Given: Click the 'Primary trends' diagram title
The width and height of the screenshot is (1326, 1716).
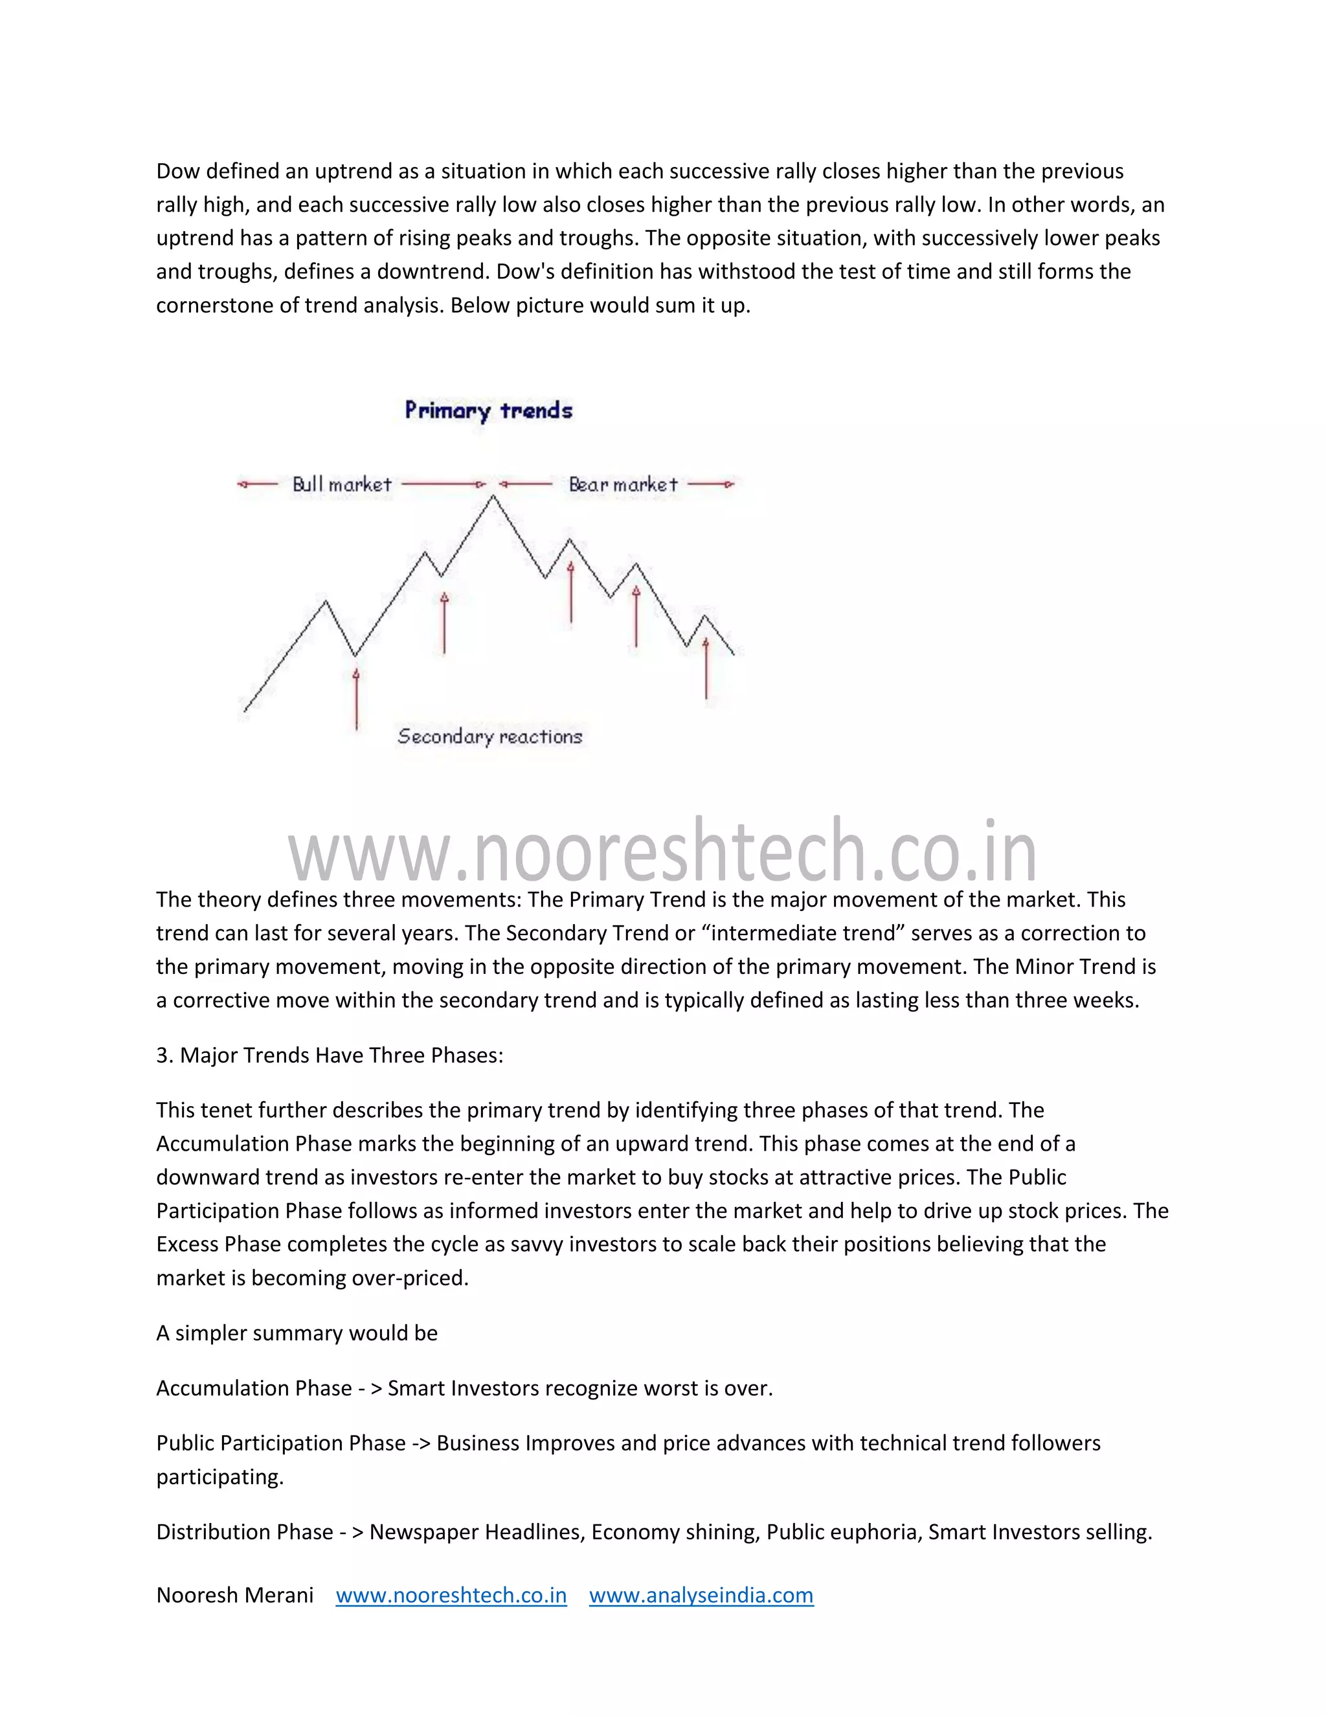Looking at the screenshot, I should coord(489,410).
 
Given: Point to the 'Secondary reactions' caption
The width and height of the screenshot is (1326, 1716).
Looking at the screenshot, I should coord(489,736).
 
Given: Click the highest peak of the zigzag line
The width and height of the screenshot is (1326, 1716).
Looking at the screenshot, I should coord(493,497).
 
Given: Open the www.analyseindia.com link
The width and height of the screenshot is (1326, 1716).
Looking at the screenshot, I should coord(701,1595).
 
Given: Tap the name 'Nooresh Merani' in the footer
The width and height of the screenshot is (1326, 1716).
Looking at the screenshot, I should coord(235,1595).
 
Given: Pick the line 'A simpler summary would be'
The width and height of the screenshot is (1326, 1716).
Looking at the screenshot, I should coord(297,1333).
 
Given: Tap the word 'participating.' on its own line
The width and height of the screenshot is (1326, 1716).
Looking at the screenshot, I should coord(220,1476).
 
